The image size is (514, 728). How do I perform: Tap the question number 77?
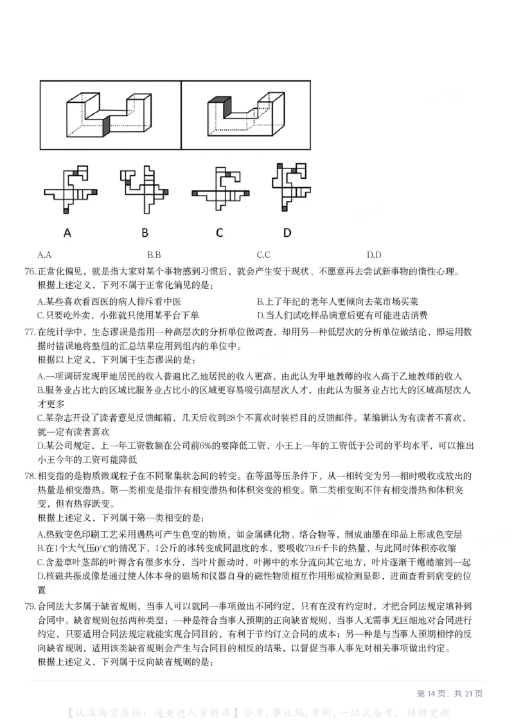pos(30,332)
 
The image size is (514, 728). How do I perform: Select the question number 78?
pos(30,477)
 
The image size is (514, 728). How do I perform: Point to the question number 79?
pos(30,606)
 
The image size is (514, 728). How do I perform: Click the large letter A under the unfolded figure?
pos(67,233)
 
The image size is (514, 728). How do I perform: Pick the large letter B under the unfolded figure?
pos(145,233)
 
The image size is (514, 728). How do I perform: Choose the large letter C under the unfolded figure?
pos(220,233)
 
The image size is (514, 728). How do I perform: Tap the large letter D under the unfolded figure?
pos(287,233)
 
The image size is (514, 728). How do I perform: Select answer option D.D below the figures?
pos(374,255)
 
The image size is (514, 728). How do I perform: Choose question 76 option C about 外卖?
pos(118,315)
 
